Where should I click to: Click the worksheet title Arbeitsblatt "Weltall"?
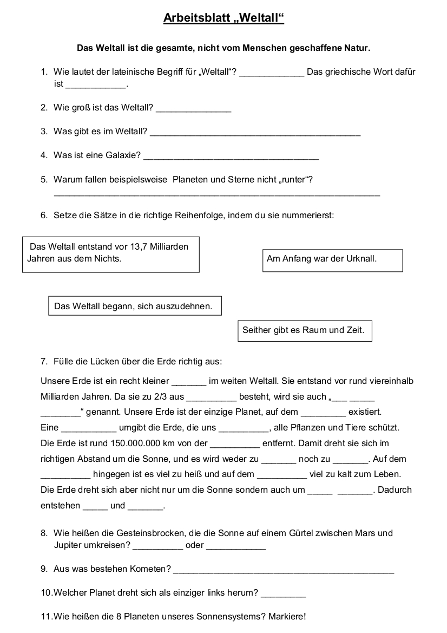coord(223,19)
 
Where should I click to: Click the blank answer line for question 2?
coord(193,110)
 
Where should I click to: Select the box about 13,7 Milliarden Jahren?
coord(110,253)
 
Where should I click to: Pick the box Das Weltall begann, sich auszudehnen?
coord(135,306)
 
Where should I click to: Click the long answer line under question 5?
coord(216,194)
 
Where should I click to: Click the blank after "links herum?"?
coord(283,595)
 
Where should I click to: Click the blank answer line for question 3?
coord(255,133)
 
